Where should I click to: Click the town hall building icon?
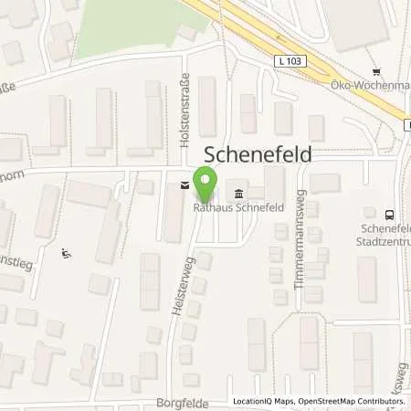tap(238, 193)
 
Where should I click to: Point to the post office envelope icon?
tap(185, 185)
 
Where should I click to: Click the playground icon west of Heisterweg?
tap(64, 253)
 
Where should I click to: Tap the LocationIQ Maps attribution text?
tap(262, 402)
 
